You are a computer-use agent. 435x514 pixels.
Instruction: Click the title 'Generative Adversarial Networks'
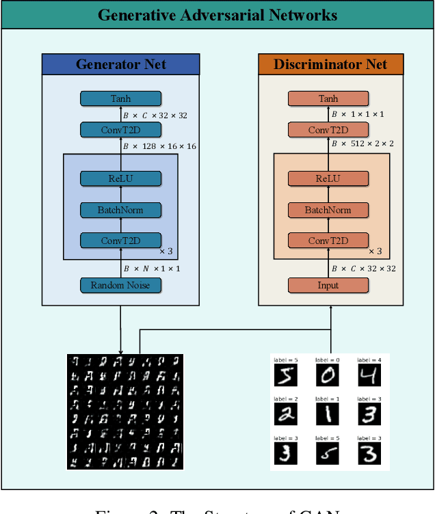pos(217,15)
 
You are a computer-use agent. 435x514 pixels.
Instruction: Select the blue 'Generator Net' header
pos(120,65)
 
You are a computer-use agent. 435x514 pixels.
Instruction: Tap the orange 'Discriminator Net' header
pos(330,65)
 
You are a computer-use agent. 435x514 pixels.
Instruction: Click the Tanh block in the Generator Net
pos(120,99)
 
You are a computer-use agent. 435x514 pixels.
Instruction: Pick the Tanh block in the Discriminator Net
pos(328,99)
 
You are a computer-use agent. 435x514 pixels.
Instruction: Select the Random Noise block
pos(120,285)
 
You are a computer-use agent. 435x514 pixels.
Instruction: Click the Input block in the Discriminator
pos(328,285)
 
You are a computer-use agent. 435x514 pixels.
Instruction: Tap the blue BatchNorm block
pos(120,210)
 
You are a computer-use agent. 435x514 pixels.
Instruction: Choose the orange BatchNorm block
pos(328,210)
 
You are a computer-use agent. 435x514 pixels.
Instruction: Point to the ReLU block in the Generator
pos(120,179)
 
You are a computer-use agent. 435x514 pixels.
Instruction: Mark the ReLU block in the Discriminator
pos(328,179)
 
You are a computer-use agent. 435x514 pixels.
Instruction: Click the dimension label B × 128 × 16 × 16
pos(159,146)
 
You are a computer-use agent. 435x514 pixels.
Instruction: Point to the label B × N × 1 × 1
pos(151,269)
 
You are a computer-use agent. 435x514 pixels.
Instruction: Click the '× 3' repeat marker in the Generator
pos(168,251)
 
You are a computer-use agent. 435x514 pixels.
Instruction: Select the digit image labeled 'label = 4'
pos(369,375)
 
